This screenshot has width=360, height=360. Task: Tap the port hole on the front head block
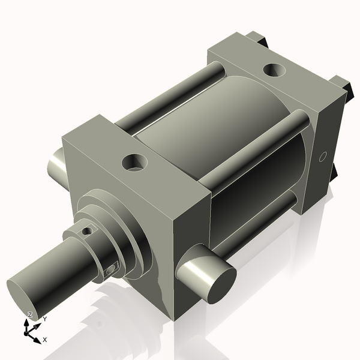134,161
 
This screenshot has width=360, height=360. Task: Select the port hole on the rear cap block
275,71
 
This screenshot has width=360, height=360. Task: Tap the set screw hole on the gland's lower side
110,271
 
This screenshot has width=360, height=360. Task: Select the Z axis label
30,315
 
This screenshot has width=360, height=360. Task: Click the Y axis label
44,319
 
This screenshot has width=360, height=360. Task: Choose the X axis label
45,340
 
